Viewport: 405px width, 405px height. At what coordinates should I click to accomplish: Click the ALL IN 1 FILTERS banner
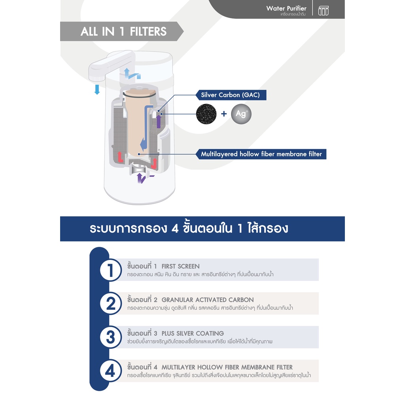click(122, 32)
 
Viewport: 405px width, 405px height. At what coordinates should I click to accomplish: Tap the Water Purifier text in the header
click(286, 9)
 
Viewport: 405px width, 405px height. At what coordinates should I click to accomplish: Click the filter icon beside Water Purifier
click(324, 11)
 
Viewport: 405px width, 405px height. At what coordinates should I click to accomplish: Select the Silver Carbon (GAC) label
click(231, 95)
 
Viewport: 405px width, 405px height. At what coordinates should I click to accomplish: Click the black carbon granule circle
click(206, 114)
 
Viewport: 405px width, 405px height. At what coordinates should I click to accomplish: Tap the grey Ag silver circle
click(241, 114)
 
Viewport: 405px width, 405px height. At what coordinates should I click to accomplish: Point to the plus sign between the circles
click(224, 114)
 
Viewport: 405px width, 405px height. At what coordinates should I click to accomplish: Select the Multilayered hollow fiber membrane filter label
click(261, 154)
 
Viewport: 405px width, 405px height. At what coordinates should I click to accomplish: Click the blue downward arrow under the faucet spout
click(97, 89)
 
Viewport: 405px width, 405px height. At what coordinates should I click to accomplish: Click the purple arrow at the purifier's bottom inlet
click(140, 178)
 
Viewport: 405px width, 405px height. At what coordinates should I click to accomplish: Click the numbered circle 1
click(111, 270)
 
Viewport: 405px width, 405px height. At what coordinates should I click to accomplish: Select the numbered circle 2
click(111, 303)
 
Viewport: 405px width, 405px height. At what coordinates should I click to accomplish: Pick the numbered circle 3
click(111, 337)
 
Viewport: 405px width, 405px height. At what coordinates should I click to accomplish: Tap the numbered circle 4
click(111, 371)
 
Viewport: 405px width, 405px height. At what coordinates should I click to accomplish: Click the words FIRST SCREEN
click(180, 266)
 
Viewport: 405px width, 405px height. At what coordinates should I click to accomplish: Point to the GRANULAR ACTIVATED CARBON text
click(208, 300)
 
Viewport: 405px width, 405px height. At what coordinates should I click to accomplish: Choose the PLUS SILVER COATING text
click(193, 333)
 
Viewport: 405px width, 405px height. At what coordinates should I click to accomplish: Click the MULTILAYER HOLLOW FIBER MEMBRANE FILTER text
click(227, 367)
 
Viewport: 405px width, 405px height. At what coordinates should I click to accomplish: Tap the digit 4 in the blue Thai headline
click(175, 229)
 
